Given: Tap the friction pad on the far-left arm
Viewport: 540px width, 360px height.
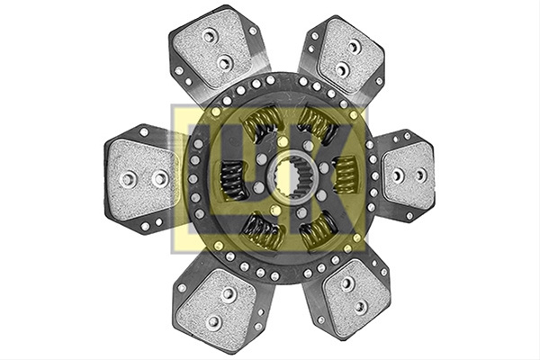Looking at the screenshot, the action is pyautogui.click(x=143, y=179).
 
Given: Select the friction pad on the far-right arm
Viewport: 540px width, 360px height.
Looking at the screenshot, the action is pyautogui.click(x=409, y=175).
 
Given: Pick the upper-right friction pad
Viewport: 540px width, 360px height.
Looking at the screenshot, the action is pyautogui.click(x=350, y=56).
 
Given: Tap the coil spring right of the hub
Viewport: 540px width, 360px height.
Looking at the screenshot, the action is pyautogui.click(x=346, y=175).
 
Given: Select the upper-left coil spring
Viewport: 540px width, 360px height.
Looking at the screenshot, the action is pyautogui.click(x=263, y=123).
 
